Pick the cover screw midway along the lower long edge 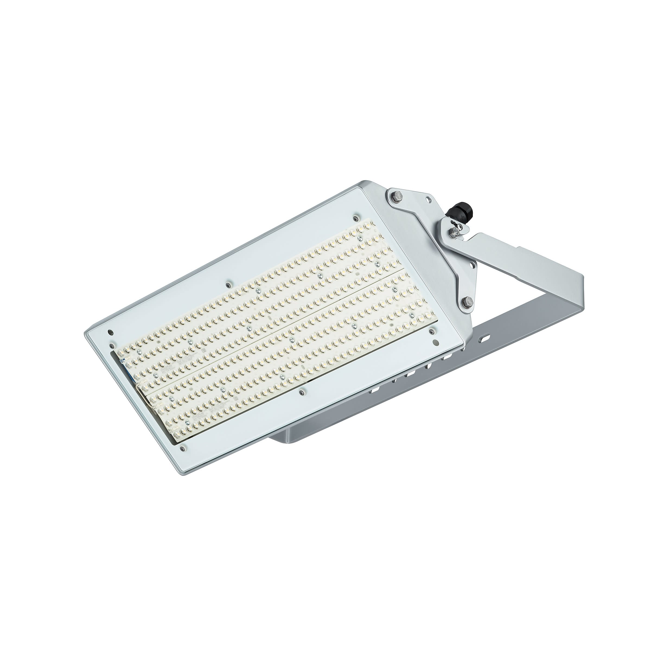(301, 391)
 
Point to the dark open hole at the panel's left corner (109, 332)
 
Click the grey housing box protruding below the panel (296, 438)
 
